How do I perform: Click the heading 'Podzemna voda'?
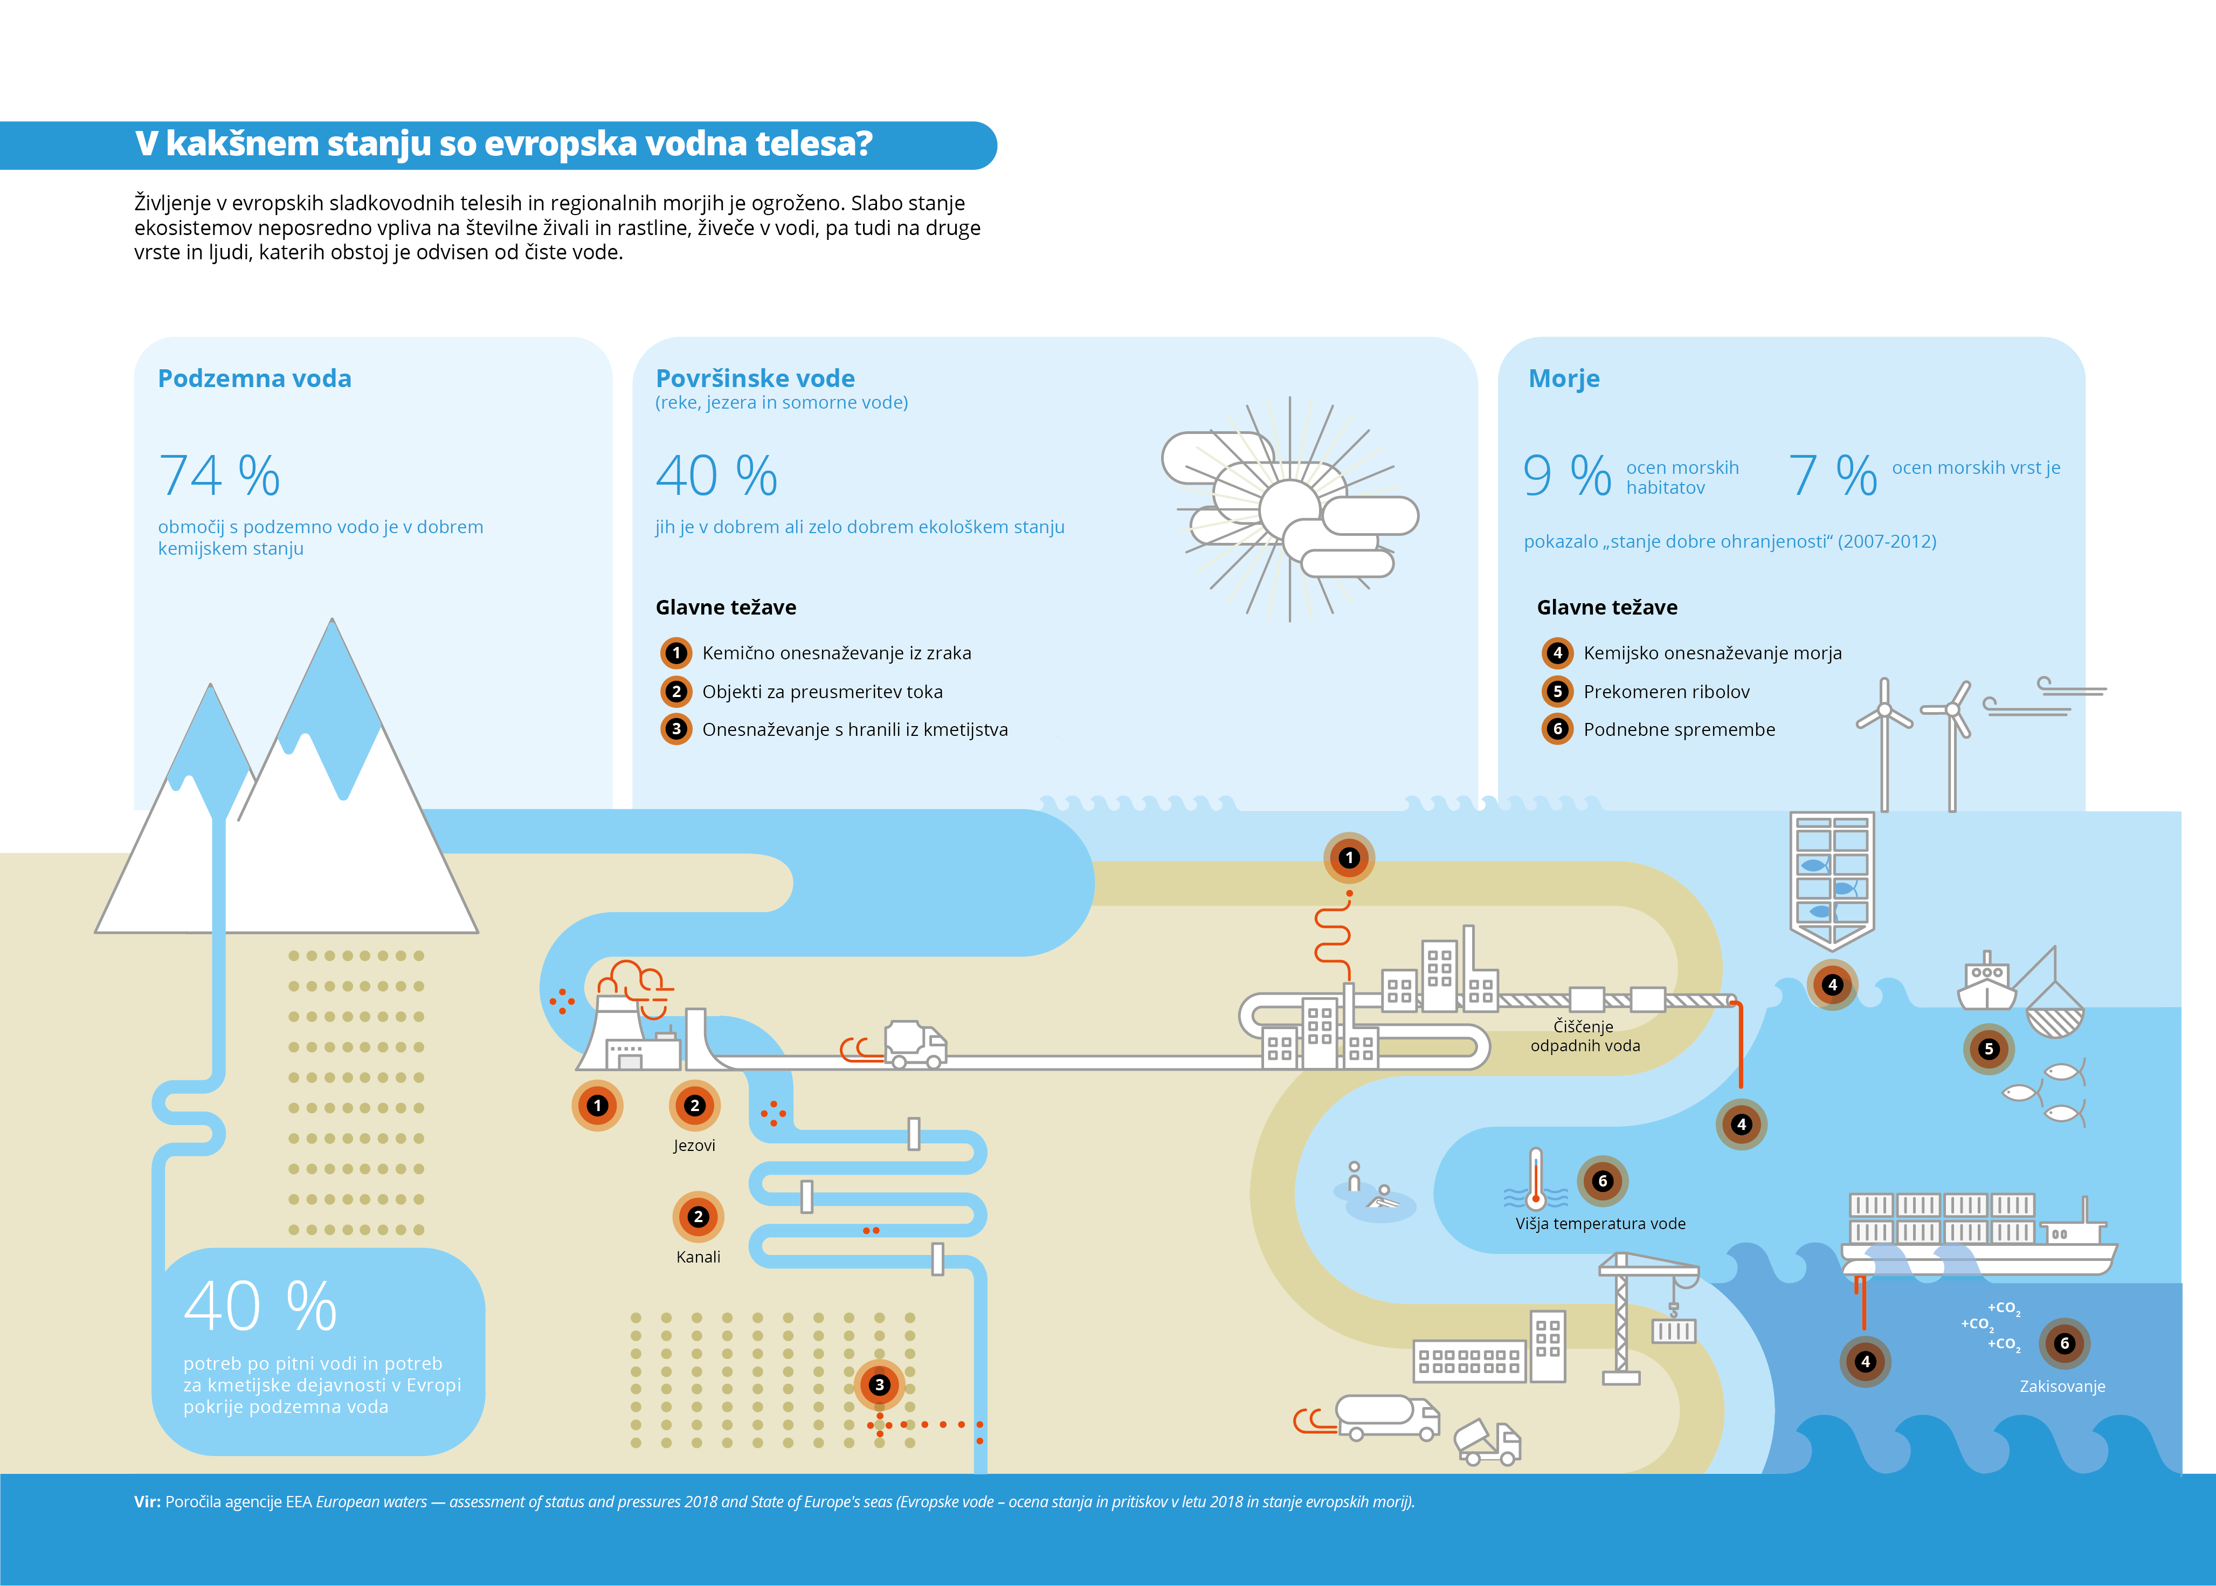click(255, 379)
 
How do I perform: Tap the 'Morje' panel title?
click(1564, 379)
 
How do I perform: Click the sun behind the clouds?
click(1290, 508)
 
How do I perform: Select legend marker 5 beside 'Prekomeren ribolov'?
click(1558, 692)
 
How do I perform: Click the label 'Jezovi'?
click(694, 1146)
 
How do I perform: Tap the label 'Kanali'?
click(698, 1257)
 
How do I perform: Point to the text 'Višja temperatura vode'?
click(1601, 1224)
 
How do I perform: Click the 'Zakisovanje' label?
click(2063, 1387)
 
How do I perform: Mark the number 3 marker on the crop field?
click(879, 1385)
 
